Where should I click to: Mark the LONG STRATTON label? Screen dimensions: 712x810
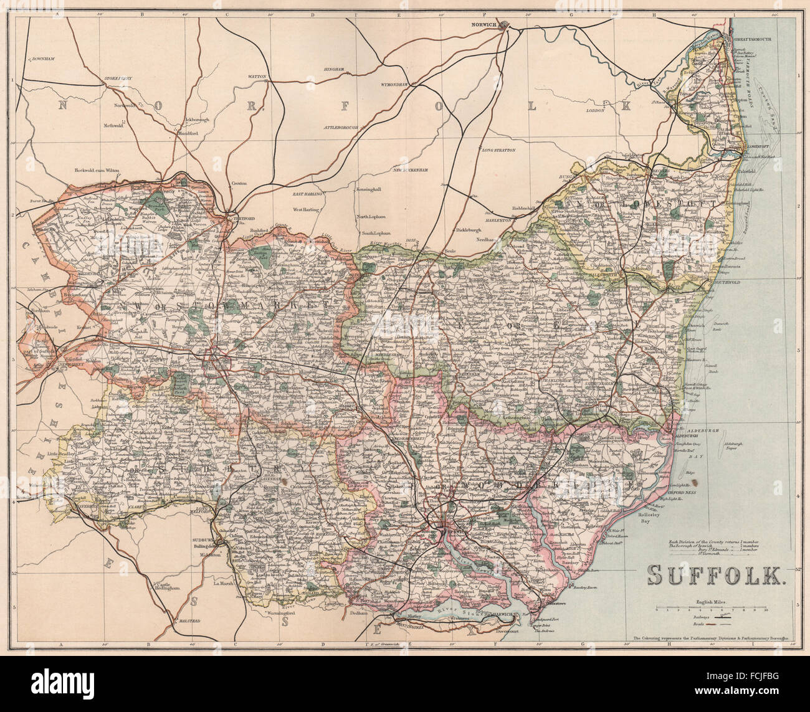pyautogui.click(x=496, y=150)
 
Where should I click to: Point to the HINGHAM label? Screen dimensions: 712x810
pyautogui.click(x=334, y=69)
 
